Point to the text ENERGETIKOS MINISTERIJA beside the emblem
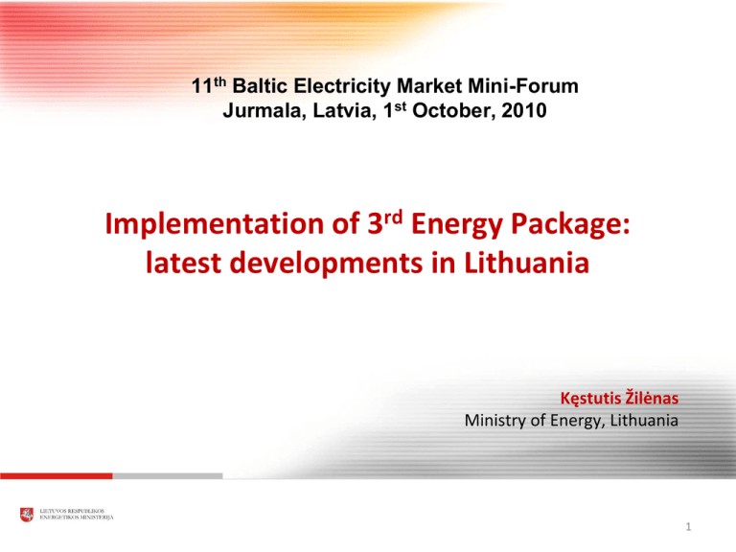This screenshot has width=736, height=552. [78, 518]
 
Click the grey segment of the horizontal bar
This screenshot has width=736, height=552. [168, 475]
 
